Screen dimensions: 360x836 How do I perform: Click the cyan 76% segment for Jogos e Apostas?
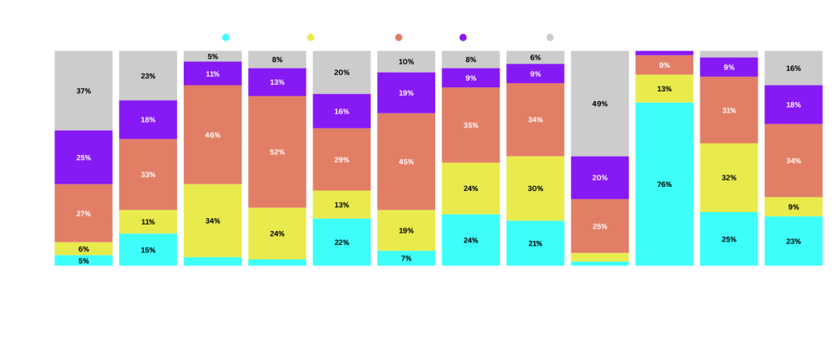tap(665, 184)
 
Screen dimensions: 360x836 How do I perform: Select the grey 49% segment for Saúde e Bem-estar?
tap(600, 104)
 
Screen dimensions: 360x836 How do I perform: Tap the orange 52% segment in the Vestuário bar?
tap(277, 152)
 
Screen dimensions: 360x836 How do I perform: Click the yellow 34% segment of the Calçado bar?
tap(212, 220)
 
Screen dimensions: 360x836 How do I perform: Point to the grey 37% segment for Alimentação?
tap(83, 91)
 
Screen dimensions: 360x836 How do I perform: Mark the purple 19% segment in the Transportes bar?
tap(406, 93)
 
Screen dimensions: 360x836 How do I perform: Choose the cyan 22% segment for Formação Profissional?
tap(341, 242)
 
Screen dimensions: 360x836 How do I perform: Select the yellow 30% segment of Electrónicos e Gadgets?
tap(536, 188)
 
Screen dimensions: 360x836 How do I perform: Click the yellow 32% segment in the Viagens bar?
tap(729, 177)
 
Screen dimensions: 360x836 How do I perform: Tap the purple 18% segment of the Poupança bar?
tap(794, 104)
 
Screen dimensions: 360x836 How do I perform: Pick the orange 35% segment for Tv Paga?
tap(471, 125)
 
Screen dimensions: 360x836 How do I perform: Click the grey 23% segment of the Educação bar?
tap(148, 76)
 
